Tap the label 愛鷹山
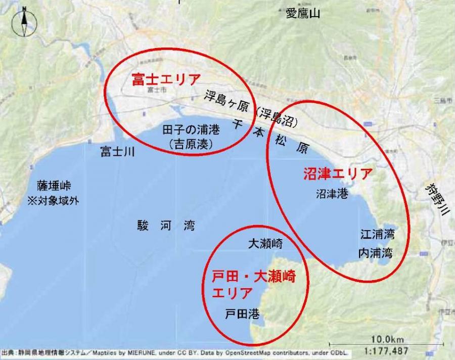tap(303, 14)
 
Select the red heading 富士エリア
tap(166, 79)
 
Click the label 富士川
tap(117, 152)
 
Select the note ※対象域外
tap(53, 200)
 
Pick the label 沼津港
tap(332, 194)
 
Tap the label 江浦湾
tap(377, 235)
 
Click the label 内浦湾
tap(375, 252)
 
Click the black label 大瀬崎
tap(265, 244)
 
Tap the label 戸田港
tap(242, 314)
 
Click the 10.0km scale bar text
tap(387, 338)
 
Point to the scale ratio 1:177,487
tap(387, 350)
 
